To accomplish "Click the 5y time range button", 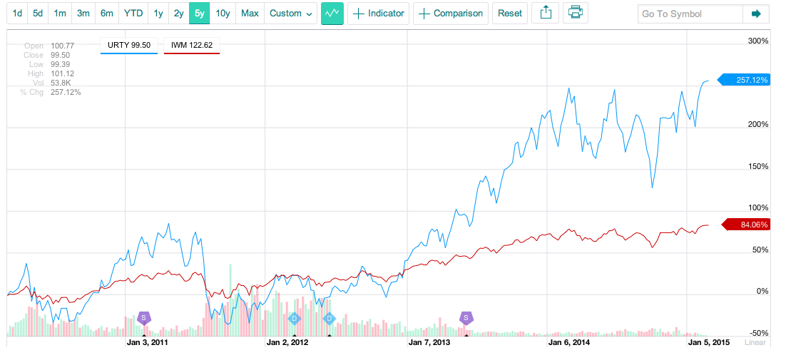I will [x=199, y=14].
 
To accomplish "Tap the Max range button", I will [x=250, y=14].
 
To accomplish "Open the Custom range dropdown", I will [x=291, y=14].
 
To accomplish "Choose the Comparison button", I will [x=451, y=14].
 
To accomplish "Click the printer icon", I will [x=576, y=14].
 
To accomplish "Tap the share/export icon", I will [x=546, y=14].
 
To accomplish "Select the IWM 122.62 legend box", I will [x=192, y=46].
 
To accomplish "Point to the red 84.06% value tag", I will [x=748, y=225].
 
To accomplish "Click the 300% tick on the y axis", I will [x=757, y=41].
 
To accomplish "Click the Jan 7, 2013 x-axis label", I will [x=429, y=343].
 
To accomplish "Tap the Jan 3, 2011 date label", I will [x=147, y=343].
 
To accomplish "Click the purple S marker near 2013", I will [x=466, y=318].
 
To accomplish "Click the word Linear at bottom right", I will [x=755, y=343].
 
